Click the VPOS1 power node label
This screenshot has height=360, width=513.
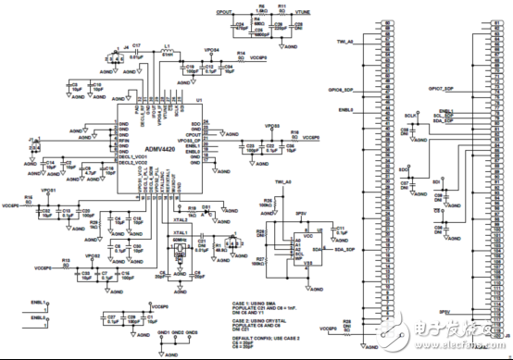pos(49,190)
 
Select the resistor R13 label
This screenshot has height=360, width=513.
pos(66,260)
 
